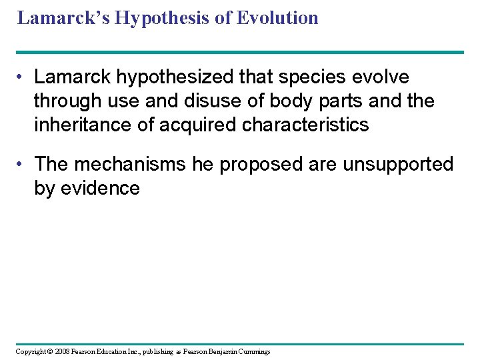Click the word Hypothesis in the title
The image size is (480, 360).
(x=157, y=18)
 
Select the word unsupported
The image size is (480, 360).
(x=397, y=165)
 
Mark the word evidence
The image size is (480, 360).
(x=99, y=189)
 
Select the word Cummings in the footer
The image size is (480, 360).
(x=254, y=352)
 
